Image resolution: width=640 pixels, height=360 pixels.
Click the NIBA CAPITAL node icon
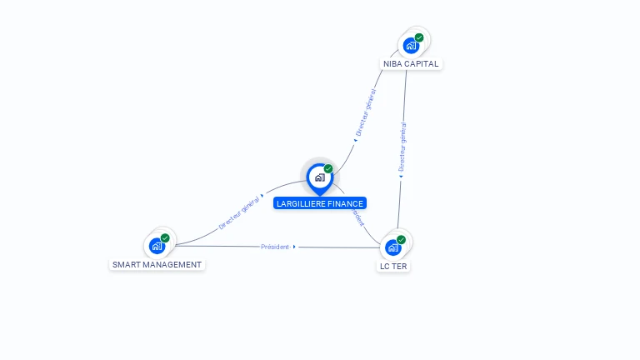[x=410, y=45]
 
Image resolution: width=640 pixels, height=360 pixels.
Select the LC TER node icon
[x=392, y=247]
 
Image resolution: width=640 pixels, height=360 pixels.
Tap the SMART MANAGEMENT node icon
[x=157, y=246]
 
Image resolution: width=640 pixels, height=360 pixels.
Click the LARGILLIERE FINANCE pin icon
[x=319, y=177]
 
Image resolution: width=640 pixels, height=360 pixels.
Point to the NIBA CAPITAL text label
[x=411, y=64]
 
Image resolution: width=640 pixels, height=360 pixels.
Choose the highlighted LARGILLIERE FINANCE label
[x=320, y=203]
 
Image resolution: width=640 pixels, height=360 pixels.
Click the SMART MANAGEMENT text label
[x=157, y=265]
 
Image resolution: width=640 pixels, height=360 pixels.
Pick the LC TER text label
[x=393, y=267]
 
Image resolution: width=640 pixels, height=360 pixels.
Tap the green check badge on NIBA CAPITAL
[x=419, y=37]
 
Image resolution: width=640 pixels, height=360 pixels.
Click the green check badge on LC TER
[x=401, y=240]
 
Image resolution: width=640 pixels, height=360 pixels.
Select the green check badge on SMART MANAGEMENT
[x=165, y=238]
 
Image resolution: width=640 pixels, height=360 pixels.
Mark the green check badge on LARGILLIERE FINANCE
[x=328, y=169]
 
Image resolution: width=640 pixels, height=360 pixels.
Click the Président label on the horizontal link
[x=275, y=247]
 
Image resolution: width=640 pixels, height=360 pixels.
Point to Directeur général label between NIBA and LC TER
[x=402, y=147]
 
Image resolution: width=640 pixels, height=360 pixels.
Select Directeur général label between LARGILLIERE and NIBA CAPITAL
[x=365, y=114]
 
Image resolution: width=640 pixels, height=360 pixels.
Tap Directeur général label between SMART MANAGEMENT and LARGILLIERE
[x=239, y=213]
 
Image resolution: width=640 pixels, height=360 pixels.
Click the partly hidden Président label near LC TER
[x=357, y=216]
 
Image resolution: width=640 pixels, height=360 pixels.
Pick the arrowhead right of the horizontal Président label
[x=294, y=247]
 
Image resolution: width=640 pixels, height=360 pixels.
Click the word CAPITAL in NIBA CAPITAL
[x=422, y=64]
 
